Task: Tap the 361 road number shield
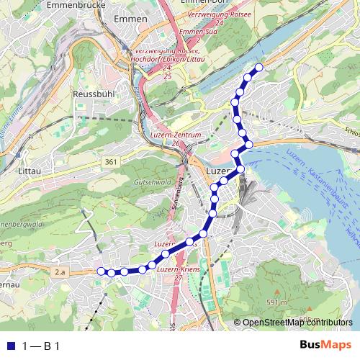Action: point(110,162)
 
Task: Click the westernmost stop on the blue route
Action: point(101,271)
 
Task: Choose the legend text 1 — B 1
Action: point(41,346)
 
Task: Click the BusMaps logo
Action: point(325,345)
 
